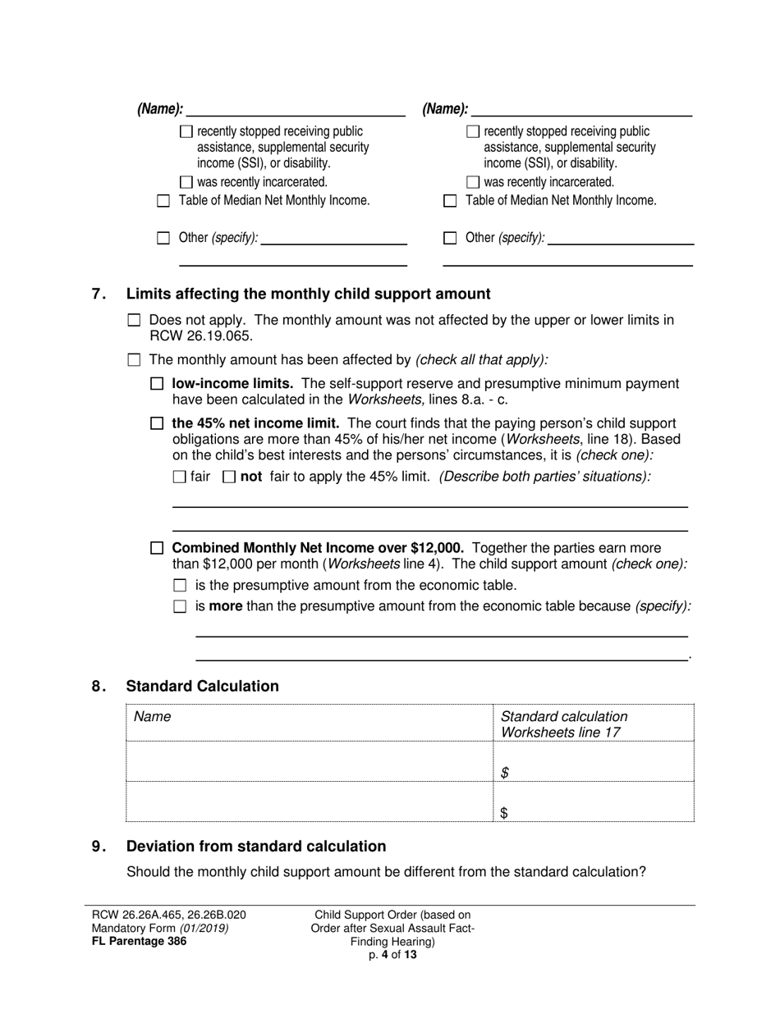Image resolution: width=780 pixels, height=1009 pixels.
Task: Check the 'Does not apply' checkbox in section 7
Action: pos(135,321)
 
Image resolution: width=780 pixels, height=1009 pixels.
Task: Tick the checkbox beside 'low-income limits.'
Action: pos(158,384)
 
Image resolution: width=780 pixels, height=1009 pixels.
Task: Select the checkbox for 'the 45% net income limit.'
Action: pos(158,424)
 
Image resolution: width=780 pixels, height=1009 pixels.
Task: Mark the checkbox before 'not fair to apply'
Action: pos(229,477)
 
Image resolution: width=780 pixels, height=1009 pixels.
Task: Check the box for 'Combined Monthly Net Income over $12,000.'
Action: pos(158,548)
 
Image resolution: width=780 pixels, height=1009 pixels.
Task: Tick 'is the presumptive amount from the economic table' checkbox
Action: pos(181,586)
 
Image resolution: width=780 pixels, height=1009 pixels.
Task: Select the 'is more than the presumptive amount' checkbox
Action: pos(181,607)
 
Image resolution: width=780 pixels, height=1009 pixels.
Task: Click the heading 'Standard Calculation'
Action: pos(202,687)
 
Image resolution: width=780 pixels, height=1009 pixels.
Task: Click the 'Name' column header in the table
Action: pos(153,717)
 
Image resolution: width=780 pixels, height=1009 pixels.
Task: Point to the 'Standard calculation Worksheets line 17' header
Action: pos(564,724)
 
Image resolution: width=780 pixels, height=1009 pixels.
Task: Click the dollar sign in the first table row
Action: pos(505,773)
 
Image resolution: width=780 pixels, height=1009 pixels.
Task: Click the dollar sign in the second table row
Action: pos(505,813)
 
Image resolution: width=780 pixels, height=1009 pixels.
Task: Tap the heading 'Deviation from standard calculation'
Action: pos(256,847)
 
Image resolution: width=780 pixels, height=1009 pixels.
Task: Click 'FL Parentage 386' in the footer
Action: pos(139,942)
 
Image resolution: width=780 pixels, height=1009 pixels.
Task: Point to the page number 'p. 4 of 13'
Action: pos(393,955)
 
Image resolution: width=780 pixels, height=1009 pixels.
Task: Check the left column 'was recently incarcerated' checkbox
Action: pos(186,182)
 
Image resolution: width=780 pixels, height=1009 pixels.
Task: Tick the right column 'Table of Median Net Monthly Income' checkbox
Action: pos(450,201)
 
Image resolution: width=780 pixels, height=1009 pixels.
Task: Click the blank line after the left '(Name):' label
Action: pos(296,110)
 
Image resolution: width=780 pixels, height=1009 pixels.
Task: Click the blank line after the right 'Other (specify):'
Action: pos(620,239)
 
